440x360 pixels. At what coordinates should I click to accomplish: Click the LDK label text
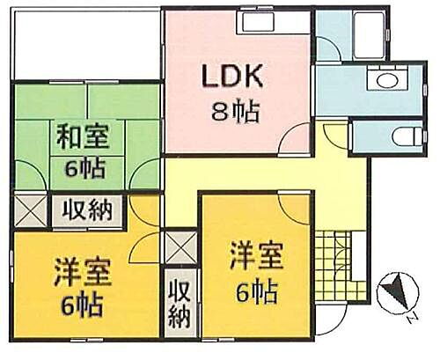[232, 76]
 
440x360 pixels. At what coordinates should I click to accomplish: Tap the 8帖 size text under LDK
[236, 112]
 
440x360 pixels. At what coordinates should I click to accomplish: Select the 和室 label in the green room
[83, 136]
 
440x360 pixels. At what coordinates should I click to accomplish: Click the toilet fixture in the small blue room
[407, 137]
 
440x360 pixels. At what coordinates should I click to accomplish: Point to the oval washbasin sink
[387, 80]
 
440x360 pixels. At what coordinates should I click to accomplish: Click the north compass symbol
[398, 292]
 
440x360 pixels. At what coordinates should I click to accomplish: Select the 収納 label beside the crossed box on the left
[88, 209]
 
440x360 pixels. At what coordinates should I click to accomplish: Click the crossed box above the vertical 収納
[180, 247]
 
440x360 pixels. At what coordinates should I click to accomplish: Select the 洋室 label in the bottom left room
[83, 272]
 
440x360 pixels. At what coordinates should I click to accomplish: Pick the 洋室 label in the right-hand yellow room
[257, 255]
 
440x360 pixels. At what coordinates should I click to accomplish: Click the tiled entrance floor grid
[334, 265]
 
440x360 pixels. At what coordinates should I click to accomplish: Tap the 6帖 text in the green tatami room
[84, 168]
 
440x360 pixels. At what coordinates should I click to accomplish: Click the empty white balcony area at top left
[87, 44]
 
